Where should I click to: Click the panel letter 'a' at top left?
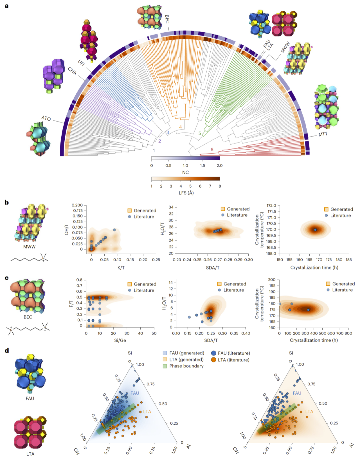pyautogui.click(x=7, y=6)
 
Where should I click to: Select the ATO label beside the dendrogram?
pyautogui.click(x=46, y=118)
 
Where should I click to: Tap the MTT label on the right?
pyautogui.click(x=323, y=134)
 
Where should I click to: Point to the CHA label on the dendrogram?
pyautogui.click(x=72, y=71)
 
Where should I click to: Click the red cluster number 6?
pyautogui.click(x=212, y=150)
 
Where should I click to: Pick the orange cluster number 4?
pyautogui.click(x=180, y=127)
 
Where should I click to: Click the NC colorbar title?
pyautogui.click(x=185, y=172)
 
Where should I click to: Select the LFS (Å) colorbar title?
pyautogui.click(x=185, y=193)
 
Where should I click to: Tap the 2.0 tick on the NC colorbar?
pyautogui.click(x=219, y=166)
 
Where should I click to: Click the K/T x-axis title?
pyautogui.click(x=121, y=267)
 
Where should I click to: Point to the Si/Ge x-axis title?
pyautogui.click(x=120, y=340)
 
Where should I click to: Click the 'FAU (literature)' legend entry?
pyautogui.click(x=234, y=353)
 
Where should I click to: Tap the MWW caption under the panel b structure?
pyautogui.click(x=29, y=247)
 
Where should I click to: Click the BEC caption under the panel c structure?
pyautogui.click(x=28, y=317)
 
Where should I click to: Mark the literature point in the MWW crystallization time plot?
pyautogui.click(x=315, y=230)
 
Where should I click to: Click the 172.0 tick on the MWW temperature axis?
pyautogui.click(x=272, y=206)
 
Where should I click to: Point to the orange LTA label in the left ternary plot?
pyautogui.click(x=147, y=412)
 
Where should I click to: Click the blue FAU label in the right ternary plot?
pyautogui.click(x=297, y=393)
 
